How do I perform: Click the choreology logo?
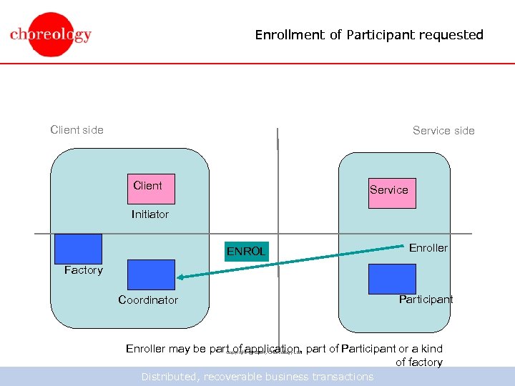[x=51, y=34]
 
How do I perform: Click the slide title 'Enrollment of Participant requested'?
[x=369, y=34]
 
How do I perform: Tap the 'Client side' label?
[x=77, y=129]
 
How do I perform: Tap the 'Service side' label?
[x=443, y=130]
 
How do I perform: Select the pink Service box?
[x=392, y=193]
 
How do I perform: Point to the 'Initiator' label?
[x=150, y=214]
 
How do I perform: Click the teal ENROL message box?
[x=246, y=251]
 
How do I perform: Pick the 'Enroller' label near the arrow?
[x=428, y=248]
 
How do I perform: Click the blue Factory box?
[x=78, y=249]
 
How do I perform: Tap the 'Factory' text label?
[x=83, y=270]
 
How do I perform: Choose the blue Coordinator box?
[x=150, y=274]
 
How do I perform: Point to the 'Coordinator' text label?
[x=148, y=300]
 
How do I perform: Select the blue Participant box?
[x=392, y=279]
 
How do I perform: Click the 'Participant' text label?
[x=426, y=300]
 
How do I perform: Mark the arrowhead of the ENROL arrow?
[x=180, y=277]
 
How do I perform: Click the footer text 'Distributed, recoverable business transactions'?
[x=257, y=377]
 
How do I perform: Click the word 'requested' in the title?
[x=451, y=34]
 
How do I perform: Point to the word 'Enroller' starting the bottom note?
[x=145, y=349]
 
